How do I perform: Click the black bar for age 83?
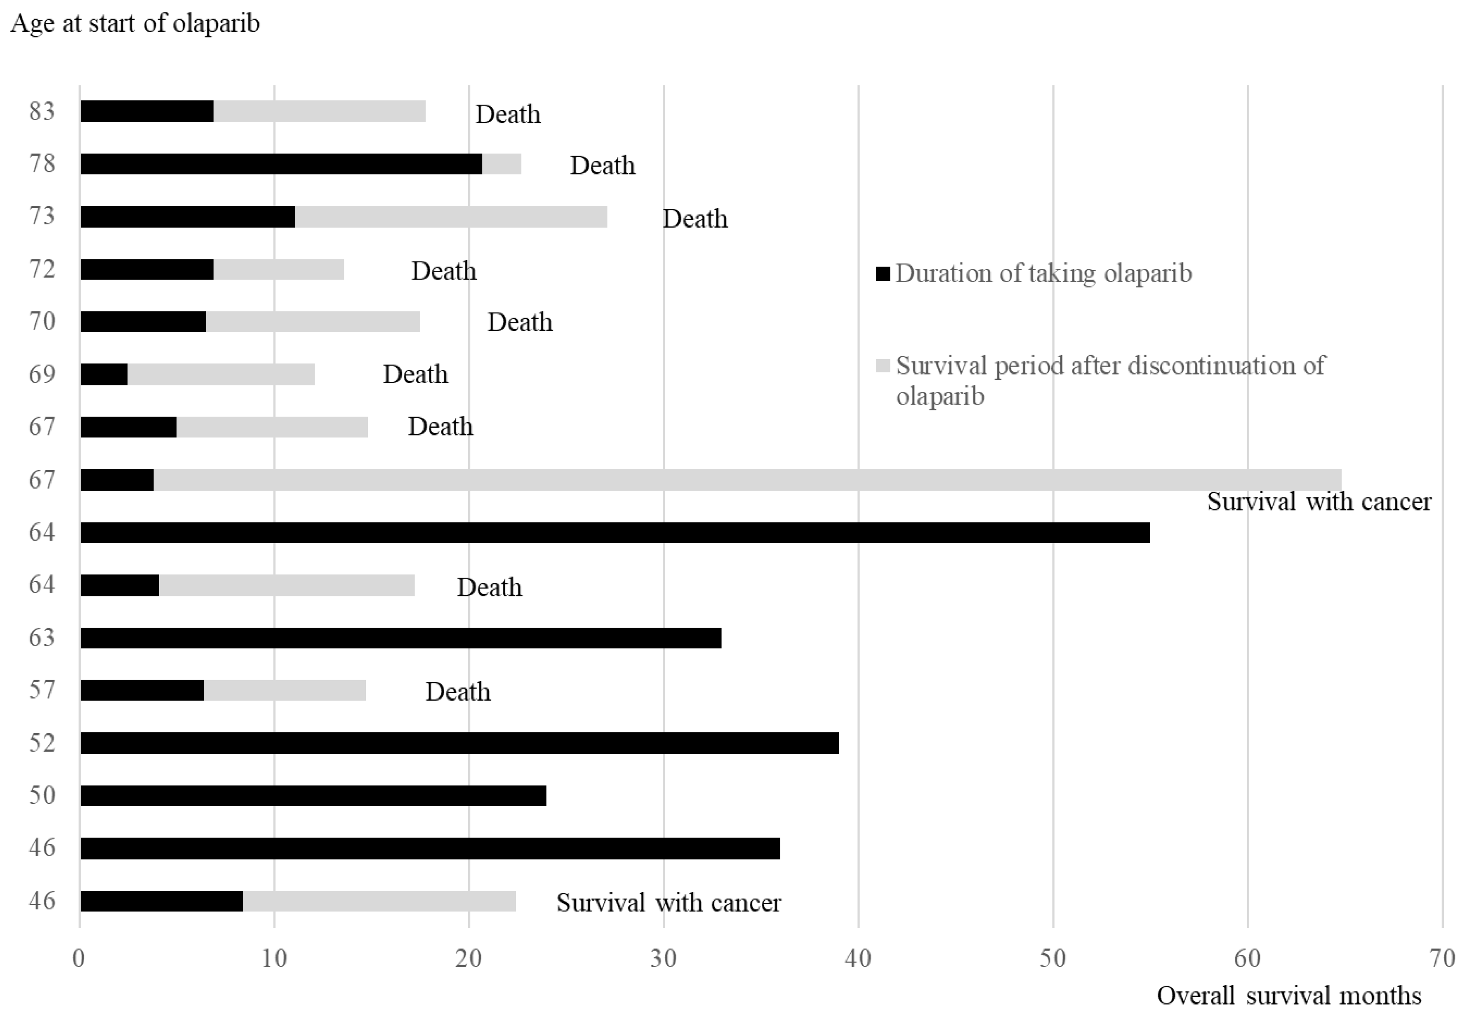pyautogui.click(x=146, y=111)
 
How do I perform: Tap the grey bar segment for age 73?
pyautogui.click(x=450, y=217)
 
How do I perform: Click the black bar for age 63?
pyautogui.click(x=400, y=638)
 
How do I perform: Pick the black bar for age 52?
pyautogui.click(x=459, y=743)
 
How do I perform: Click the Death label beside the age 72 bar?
pyautogui.click(x=443, y=271)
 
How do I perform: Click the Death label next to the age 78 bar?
pyautogui.click(x=602, y=166)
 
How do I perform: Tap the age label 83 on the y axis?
pyautogui.click(x=42, y=111)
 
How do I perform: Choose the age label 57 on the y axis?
pyautogui.click(x=42, y=690)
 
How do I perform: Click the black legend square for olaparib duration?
pyautogui.click(x=883, y=274)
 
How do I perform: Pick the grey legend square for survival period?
pyautogui.click(x=883, y=366)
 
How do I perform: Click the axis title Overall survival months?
pyautogui.click(x=1288, y=995)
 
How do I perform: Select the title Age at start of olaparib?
pyautogui.click(x=135, y=24)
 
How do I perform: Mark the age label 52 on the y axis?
pyautogui.click(x=42, y=743)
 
